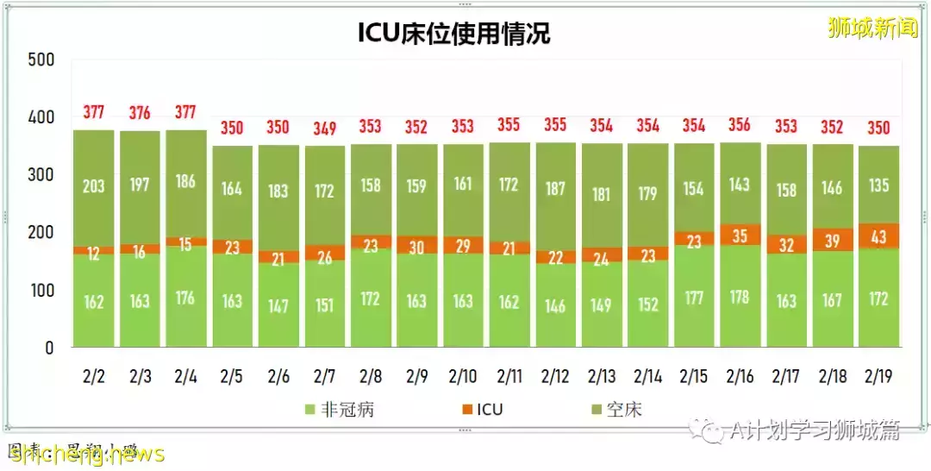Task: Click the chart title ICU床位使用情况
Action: [453, 33]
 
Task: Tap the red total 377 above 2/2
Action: [93, 112]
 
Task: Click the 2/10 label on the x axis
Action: [463, 377]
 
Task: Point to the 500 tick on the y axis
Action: [41, 60]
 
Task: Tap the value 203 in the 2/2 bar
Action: [93, 186]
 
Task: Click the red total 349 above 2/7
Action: [324, 128]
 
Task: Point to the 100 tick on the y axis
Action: [41, 290]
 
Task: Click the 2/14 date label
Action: [648, 377]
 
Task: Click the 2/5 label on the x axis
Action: [232, 377]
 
